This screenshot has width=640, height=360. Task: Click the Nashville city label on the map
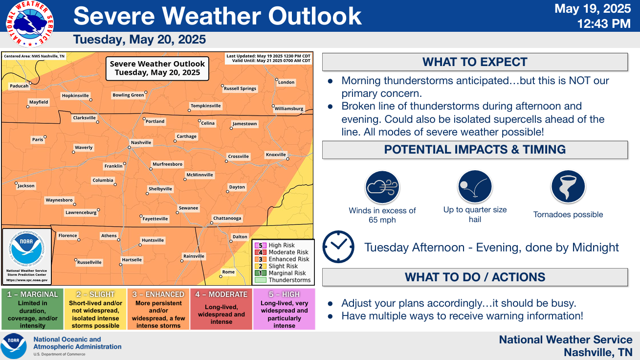(141, 142)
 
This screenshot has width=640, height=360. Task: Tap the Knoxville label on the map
(276, 155)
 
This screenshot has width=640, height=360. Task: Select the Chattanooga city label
(227, 218)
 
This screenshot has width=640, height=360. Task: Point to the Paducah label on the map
(19, 86)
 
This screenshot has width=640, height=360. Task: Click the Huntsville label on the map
(153, 240)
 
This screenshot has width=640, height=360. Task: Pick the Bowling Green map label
(128, 95)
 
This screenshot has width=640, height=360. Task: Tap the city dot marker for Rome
(221, 276)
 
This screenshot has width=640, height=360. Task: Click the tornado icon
(568, 187)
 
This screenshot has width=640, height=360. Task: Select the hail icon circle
(475, 187)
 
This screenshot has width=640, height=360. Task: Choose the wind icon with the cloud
(382, 187)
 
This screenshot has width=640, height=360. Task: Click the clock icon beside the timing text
(338, 247)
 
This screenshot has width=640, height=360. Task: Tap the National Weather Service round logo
(30, 24)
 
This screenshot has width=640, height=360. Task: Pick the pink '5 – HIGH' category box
(284, 309)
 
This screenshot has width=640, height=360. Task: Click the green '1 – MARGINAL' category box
(33, 309)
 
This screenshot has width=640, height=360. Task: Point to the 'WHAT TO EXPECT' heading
(475, 62)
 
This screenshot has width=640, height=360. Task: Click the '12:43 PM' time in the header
(604, 24)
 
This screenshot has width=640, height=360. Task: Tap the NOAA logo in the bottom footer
(13, 346)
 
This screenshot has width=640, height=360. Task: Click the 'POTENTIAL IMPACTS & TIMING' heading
(475, 150)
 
